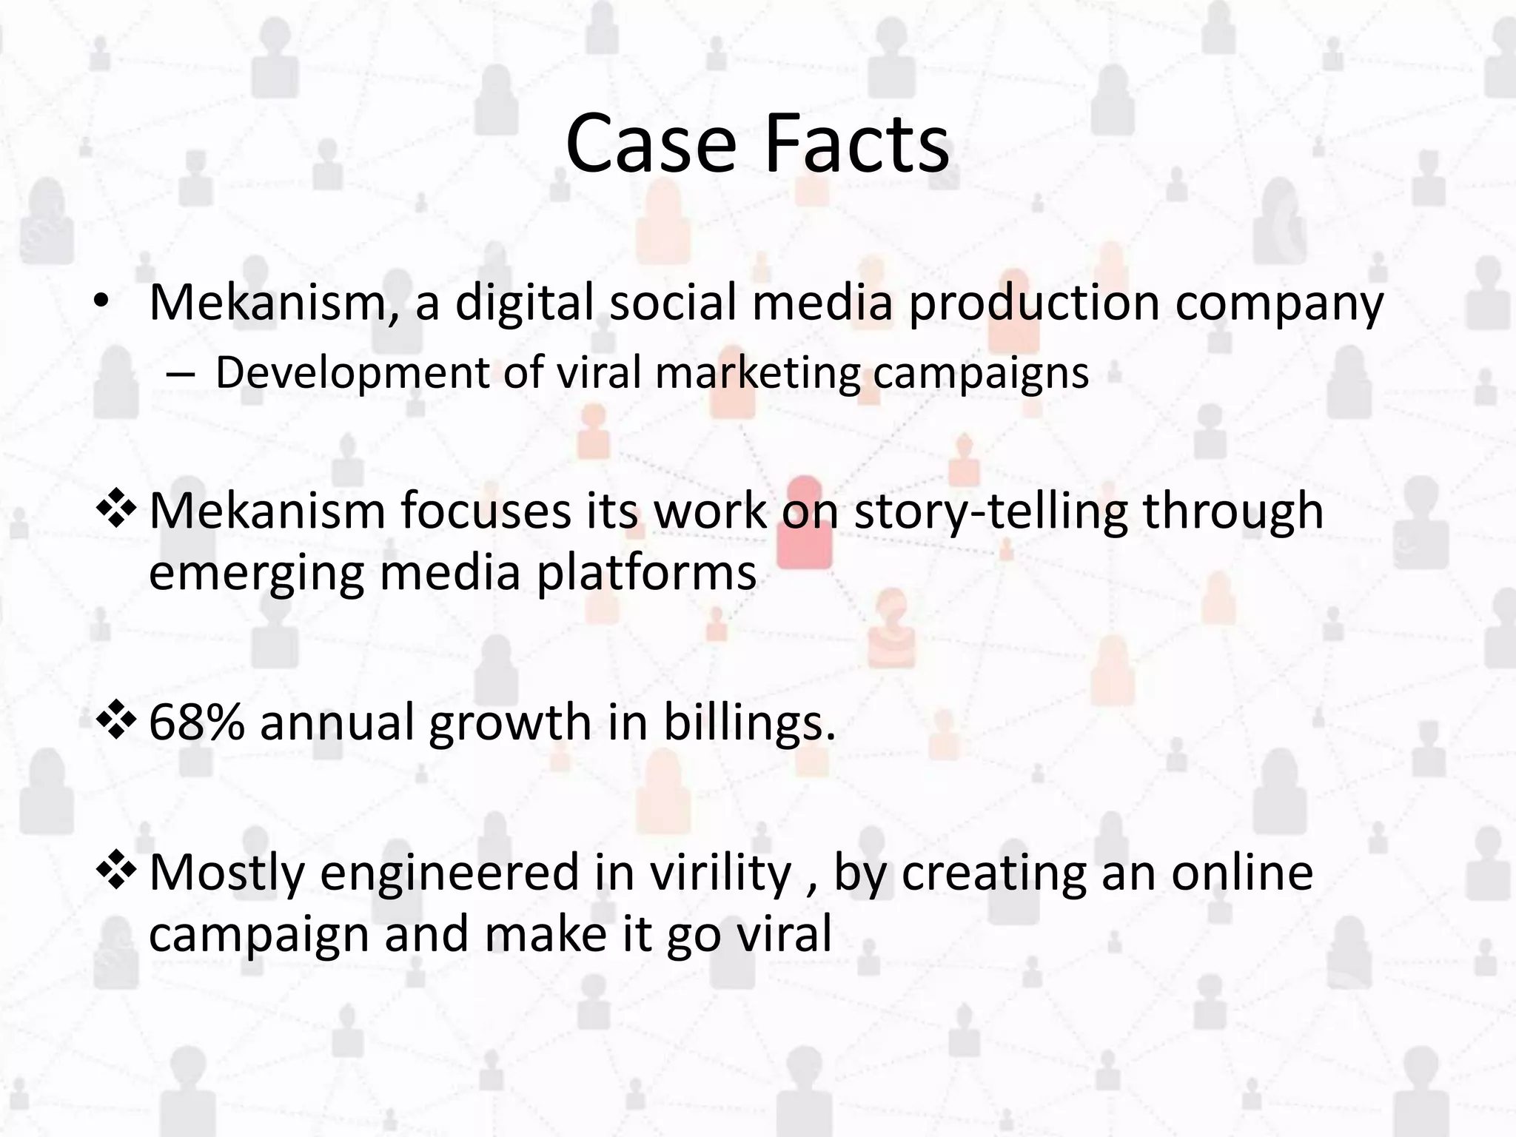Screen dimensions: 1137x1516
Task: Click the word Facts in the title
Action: click(x=856, y=144)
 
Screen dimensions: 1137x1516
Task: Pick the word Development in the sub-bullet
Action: click(x=352, y=373)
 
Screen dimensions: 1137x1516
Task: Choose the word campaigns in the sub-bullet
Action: click(x=981, y=373)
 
